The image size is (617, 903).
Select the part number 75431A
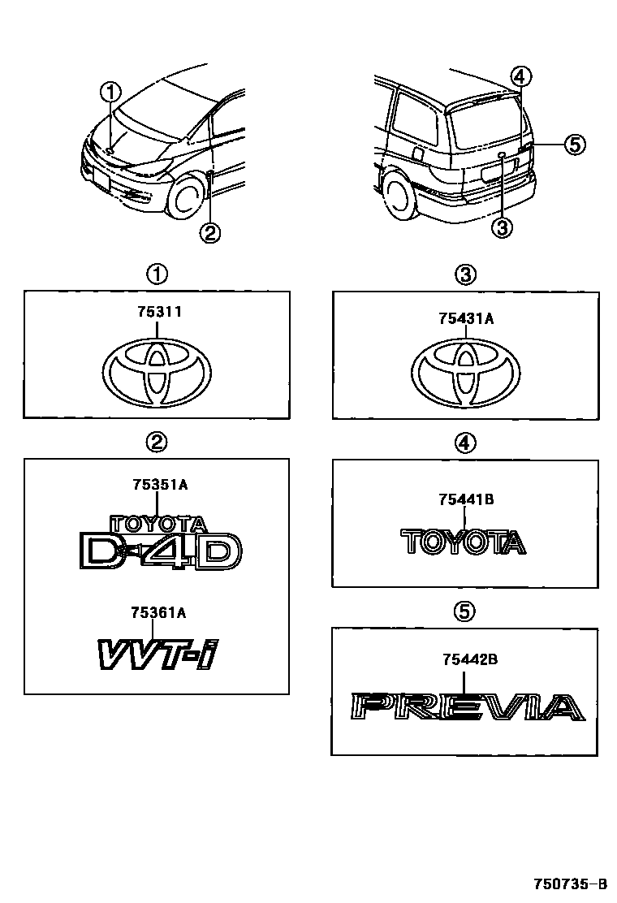pyautogui.click(x=466, y=319)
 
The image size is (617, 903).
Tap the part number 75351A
pyautogui.click(x=160, y=485)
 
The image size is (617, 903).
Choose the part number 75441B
pyautogui.click(x=466, y=500)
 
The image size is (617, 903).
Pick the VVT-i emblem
pyautogui.click(x=155, y=654)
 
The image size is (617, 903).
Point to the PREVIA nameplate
pyautogui.click(x=467, y=707)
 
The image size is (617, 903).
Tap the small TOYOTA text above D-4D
pyautogui.click(x=158, y=524)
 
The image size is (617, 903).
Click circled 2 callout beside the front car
pyautogui.click(x=209, y=233)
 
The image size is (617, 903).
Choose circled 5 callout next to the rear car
pyautogui.click(x=573, y=145)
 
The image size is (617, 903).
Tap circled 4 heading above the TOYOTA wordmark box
pyautogui.click(x=465, y=443)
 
